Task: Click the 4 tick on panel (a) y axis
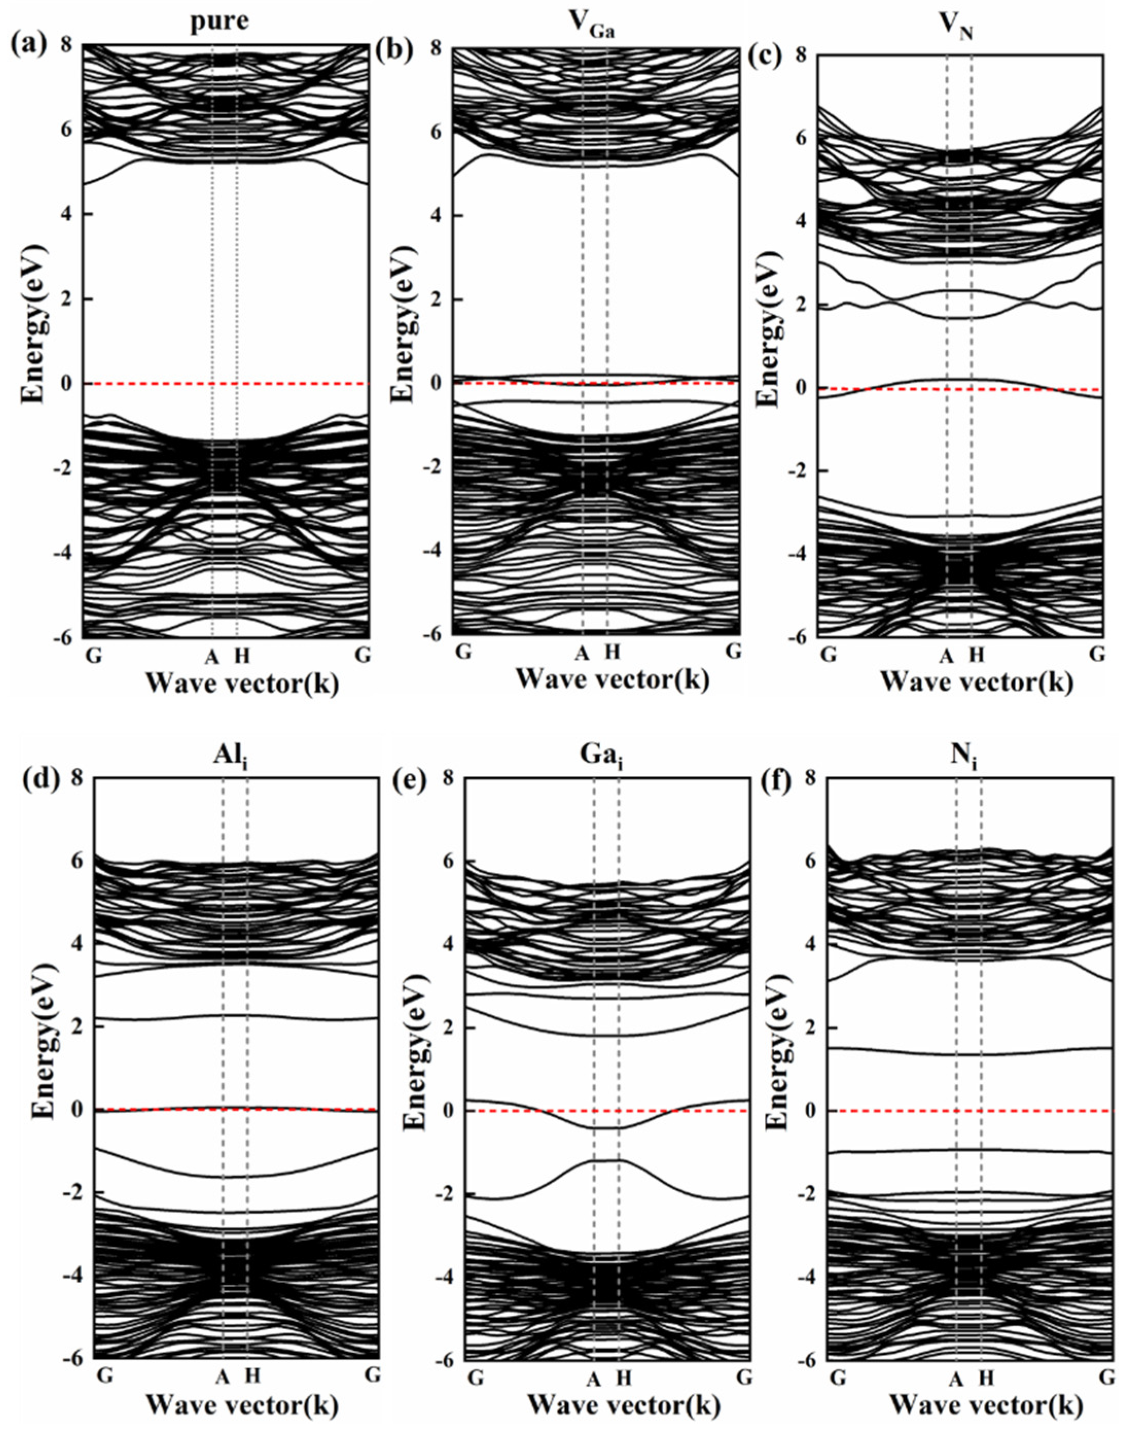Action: coord(69,214)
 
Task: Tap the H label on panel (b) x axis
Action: coord(613,652)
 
